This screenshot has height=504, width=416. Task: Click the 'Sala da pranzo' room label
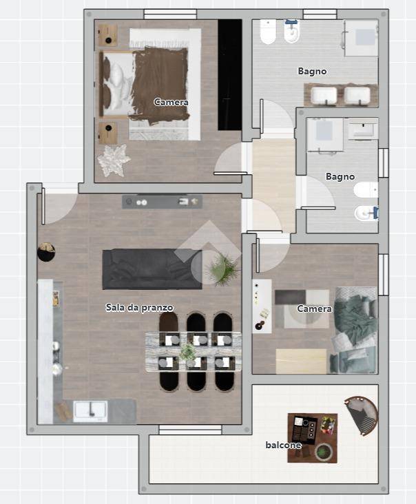point(140,308)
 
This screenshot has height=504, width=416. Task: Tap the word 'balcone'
point(283,445)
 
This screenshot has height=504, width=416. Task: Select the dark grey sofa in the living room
point(152,269)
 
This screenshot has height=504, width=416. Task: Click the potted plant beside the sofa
point(222,269)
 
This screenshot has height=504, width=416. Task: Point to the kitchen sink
point(90,411)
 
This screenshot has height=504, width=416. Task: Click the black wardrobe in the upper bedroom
point(230,74)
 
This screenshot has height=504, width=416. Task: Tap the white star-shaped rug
point(114,160)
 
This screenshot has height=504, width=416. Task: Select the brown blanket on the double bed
point(160,86)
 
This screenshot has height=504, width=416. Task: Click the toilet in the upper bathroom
point(268,32)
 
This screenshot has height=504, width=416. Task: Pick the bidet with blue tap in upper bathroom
point(292,31)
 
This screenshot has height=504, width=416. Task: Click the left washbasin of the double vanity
point(324,96)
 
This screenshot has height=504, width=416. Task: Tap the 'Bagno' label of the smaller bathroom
point(340,176)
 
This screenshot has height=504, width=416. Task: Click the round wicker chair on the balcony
point(362,415)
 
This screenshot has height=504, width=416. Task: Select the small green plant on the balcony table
point(323,452)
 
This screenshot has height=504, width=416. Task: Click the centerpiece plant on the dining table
point(188,352)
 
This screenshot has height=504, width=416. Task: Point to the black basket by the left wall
point(46,252)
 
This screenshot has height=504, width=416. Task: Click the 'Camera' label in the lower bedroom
point(314,309)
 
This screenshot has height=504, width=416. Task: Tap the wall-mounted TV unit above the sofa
point(162,202)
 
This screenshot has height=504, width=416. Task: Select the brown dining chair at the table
point(169,325)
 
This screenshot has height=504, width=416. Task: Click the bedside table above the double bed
point(107,36)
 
